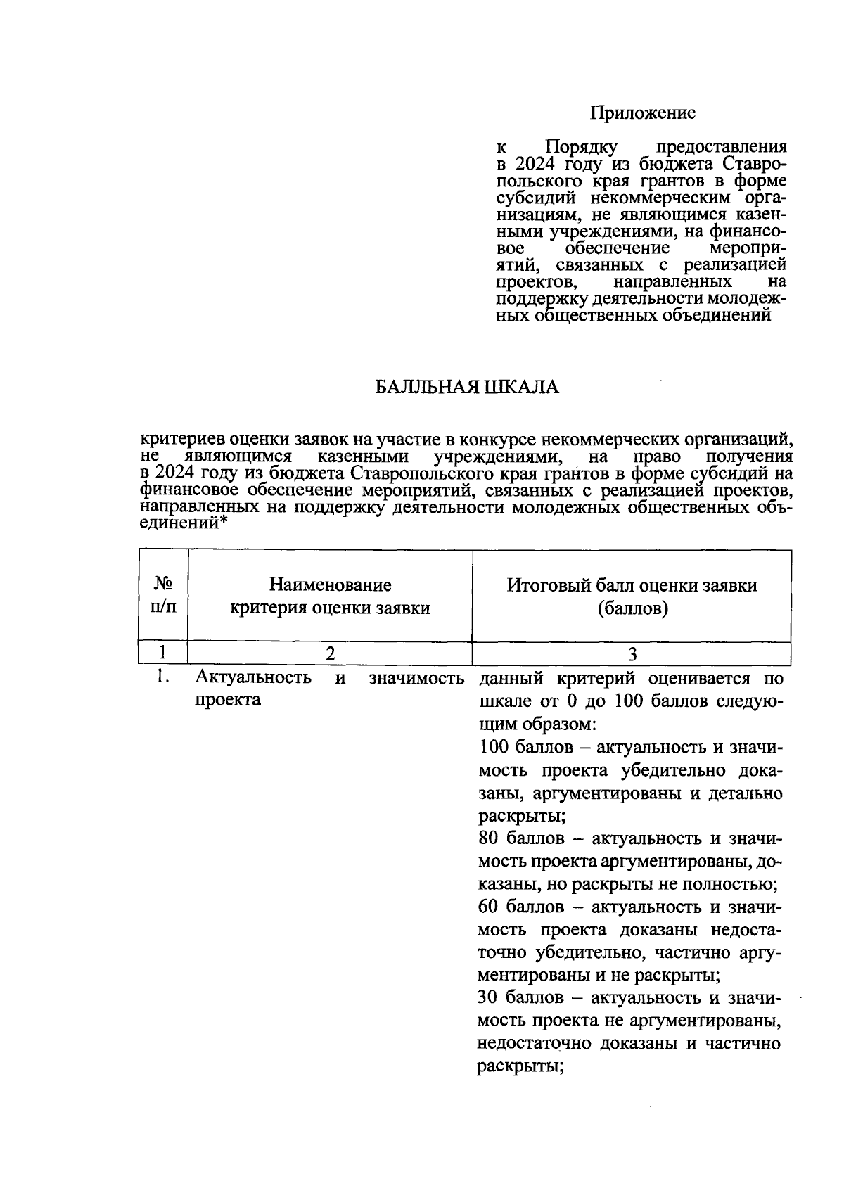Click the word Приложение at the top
tap(642, 113)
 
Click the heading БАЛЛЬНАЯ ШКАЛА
tap(466, 388)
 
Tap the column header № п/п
tap(163, 595)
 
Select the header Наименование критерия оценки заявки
tap(331, 596)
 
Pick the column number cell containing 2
tap(330, 654)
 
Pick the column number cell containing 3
tap(632, 654)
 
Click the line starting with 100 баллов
tap(629, 747)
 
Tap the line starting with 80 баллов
tap(629, 838)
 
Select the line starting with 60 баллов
tap(629, 907)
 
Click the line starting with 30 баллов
tap(629, 997)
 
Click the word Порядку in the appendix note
tap(581, 148)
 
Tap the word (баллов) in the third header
tap(632, 608)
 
